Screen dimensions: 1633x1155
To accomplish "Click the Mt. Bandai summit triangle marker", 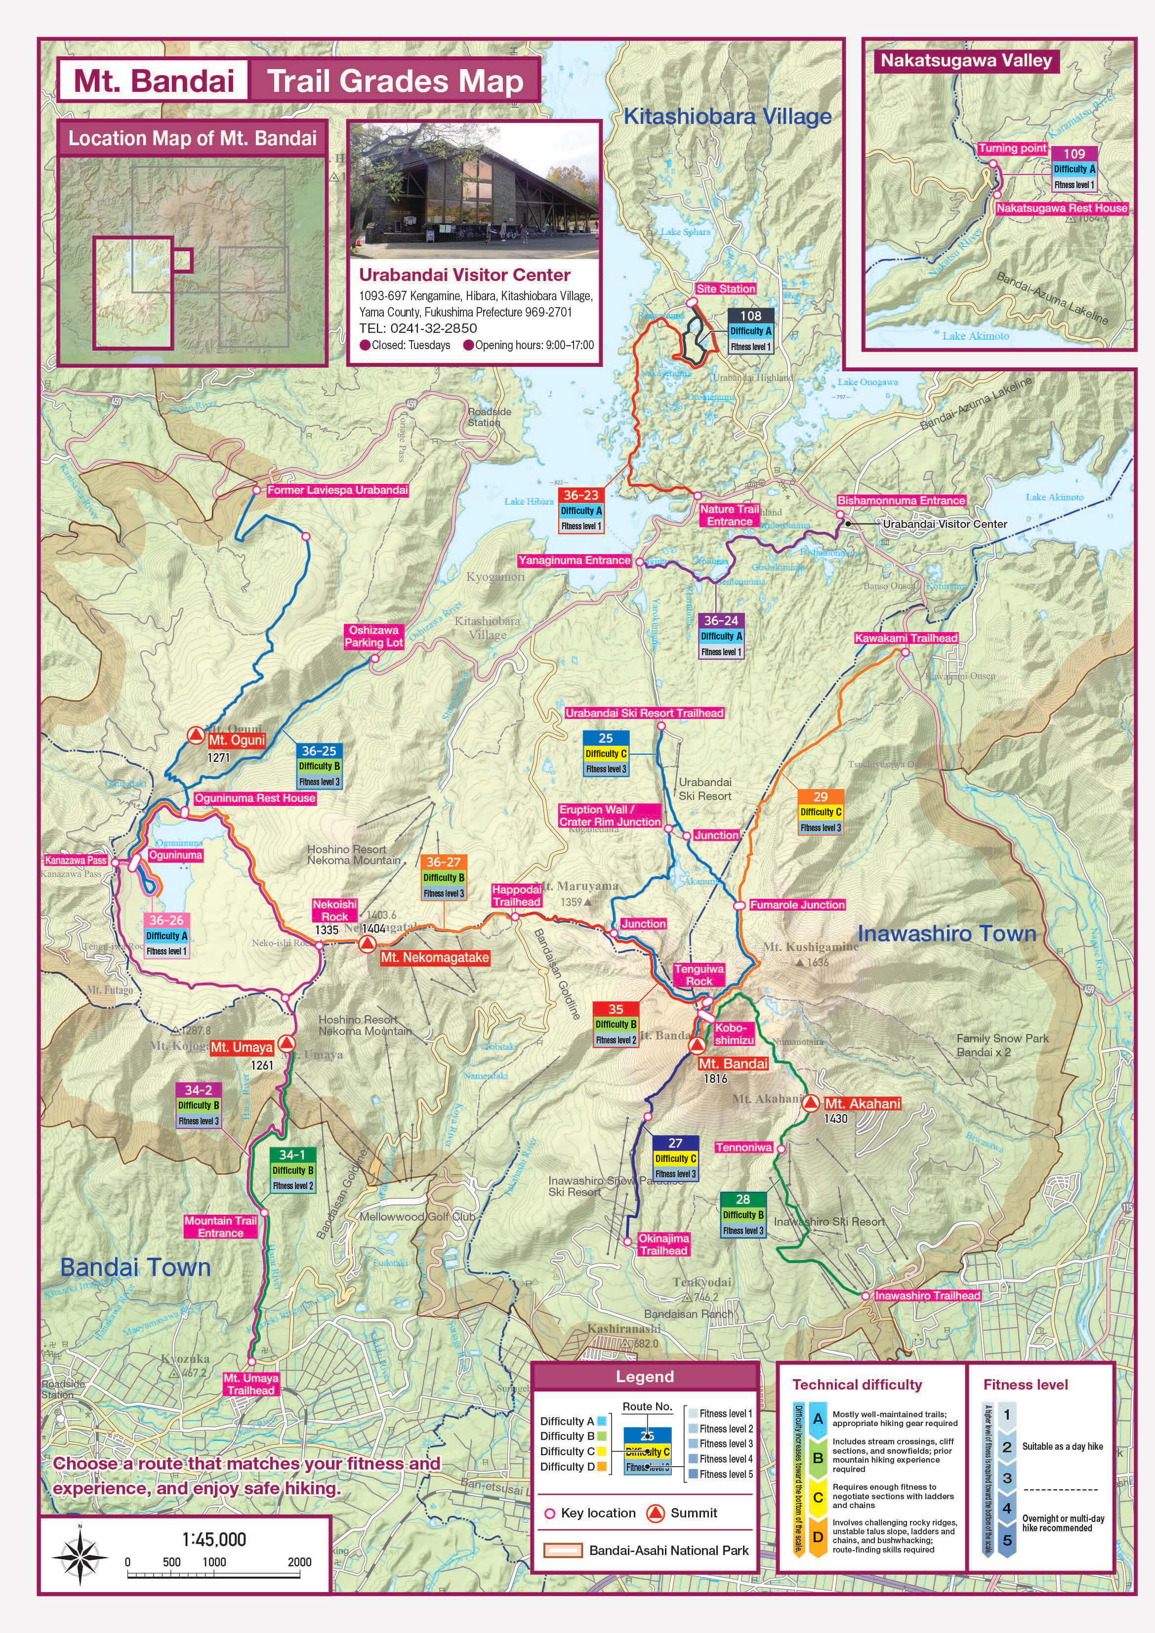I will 698,1045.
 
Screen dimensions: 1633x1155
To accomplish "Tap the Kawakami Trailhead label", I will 906,638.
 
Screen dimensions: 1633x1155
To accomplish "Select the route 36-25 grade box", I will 319,766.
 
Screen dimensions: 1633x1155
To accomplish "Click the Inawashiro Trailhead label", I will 927,1296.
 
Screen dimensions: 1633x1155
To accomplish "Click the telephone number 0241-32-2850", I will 433,328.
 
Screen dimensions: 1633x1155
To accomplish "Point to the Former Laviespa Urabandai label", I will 337,490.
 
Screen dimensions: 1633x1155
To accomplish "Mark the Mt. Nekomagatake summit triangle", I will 367,944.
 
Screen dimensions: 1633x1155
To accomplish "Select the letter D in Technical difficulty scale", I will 818,1537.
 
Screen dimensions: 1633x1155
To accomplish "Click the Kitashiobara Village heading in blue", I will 727,117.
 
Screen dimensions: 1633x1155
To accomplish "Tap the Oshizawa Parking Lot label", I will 373,636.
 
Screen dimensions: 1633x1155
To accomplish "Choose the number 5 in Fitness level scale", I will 1007,1541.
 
